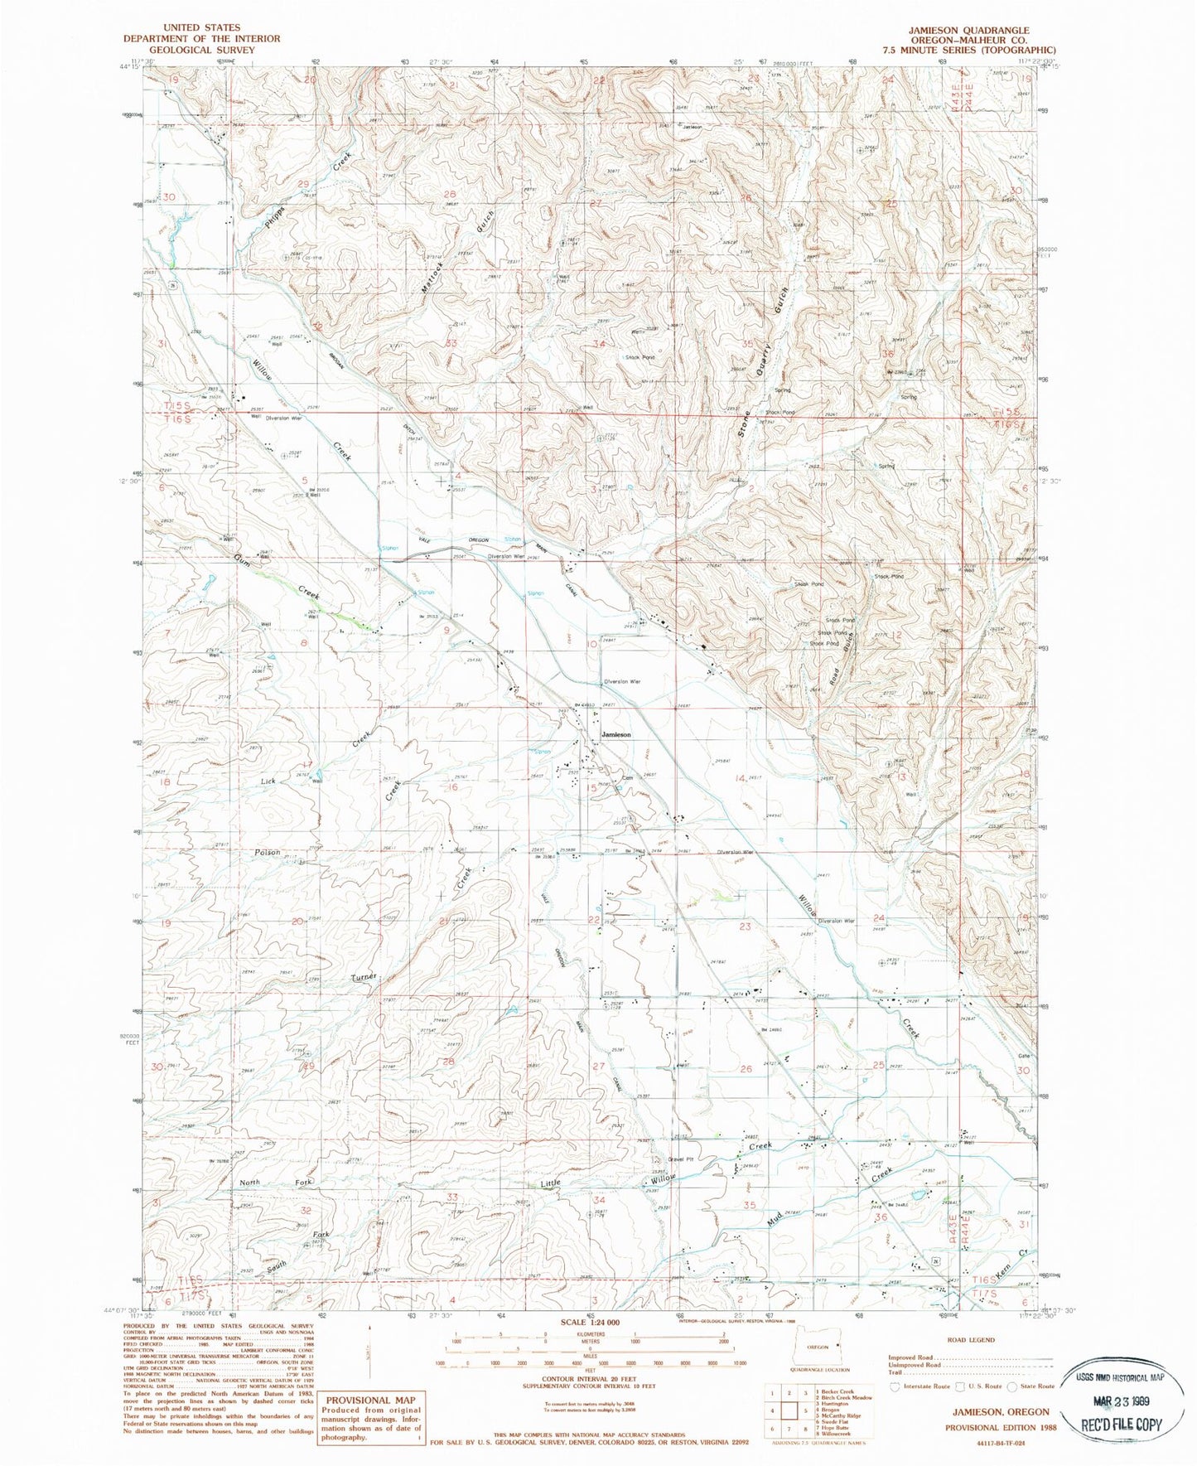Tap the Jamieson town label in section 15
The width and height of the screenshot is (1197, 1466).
coord(616,735)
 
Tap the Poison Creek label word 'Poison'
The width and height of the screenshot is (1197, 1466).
coord(268,852)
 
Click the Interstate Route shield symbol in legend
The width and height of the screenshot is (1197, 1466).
coord(893,1386)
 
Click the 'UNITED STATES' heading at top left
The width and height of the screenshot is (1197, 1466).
coord(202,28)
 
